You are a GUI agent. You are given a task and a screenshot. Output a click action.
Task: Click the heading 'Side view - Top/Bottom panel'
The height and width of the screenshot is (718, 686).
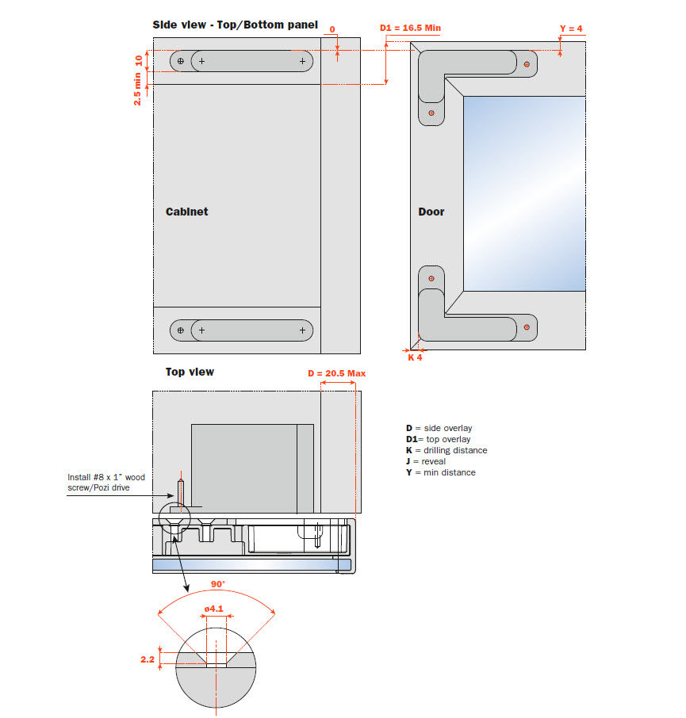click(235, 25)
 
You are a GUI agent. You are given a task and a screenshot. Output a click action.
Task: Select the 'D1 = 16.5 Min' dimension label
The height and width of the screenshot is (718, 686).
click(410, 29)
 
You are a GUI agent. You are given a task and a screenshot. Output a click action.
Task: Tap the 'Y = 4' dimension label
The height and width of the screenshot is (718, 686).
click(571, 29)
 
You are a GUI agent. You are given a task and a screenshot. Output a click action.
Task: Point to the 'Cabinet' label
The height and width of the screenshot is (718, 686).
click(186, 212)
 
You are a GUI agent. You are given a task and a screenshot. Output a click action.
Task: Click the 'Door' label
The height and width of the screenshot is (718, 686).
click(431, 212)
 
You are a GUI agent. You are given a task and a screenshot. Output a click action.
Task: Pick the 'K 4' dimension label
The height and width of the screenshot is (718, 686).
click(415, 357)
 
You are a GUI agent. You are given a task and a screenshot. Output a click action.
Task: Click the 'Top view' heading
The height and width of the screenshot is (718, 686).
click(190, 372)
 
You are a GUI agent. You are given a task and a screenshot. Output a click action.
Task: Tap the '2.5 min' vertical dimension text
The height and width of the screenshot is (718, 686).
click(138, 89)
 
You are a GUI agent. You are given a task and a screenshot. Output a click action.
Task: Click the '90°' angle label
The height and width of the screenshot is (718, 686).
click(217, 584)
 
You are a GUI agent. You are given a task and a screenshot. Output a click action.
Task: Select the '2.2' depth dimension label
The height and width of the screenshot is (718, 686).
click(148, 658)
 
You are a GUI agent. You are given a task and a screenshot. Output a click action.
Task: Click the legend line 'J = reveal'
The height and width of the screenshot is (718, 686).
click(425, 461)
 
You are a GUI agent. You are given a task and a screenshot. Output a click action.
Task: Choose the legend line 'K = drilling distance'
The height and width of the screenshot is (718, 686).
click(446, 450)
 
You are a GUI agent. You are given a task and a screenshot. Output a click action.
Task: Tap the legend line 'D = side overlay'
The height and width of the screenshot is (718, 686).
click(439, 428)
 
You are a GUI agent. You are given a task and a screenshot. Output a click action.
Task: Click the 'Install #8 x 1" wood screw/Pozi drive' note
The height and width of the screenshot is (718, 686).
click(106, 483)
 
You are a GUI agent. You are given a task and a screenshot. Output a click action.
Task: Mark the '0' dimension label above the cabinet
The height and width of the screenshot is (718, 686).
click(332, 29)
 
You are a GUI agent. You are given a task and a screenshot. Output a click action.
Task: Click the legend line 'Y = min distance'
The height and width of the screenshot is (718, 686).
click(440, 472)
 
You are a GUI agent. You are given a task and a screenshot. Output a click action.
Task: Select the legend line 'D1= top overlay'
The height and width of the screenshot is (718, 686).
click(438, 439)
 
